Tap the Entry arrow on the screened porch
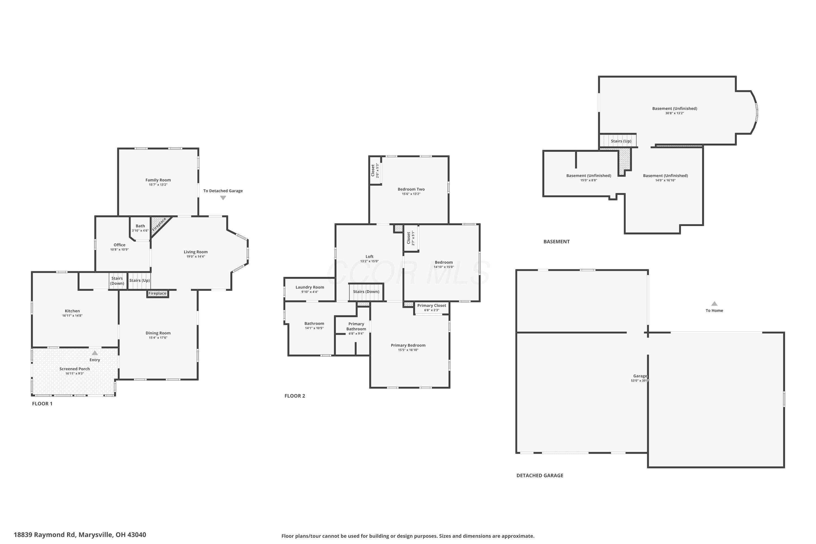pos(95,353)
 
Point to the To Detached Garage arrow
pos(223,198)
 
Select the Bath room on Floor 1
pos(140,228)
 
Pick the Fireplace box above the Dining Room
pos(157,293)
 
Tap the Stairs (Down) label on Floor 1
pos(117,281)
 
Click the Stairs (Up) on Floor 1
pos(140,281)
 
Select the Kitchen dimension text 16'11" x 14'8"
pos(73,316)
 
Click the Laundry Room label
pos(310,287)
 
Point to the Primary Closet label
pos(432,306)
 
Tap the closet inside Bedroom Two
pos(375,170)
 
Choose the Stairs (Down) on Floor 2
pos(366,292)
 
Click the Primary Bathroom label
pos(356,326)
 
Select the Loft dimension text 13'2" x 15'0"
pos(369,261)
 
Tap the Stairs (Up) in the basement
pos(618,141)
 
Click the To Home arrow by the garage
pos(714,304)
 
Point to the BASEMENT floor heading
pos(557,242)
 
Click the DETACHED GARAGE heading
pos(540,475)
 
